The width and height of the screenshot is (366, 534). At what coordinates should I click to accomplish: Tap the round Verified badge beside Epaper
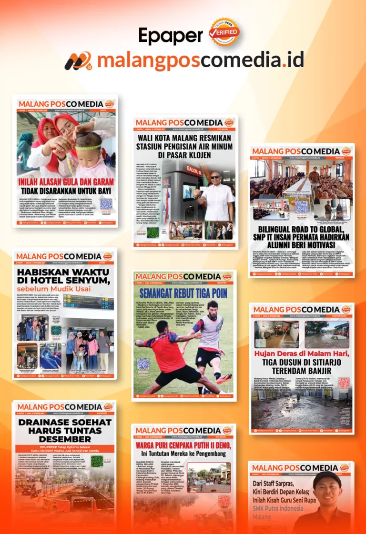(x=224, y=32)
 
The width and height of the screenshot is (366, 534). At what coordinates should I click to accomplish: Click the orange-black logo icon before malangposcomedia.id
(x=78, y=61)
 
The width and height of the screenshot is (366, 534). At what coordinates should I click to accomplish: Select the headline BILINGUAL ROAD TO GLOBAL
(x=301, y=235)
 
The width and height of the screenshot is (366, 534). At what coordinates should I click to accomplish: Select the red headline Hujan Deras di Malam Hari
(x=302, y=353)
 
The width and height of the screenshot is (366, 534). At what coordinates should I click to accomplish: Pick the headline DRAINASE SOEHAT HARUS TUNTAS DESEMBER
(x=65, y=430)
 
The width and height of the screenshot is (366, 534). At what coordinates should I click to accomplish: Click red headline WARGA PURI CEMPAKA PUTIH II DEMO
(x=184, y=445)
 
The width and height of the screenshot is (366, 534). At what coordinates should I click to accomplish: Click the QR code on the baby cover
(x=106, y=204)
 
